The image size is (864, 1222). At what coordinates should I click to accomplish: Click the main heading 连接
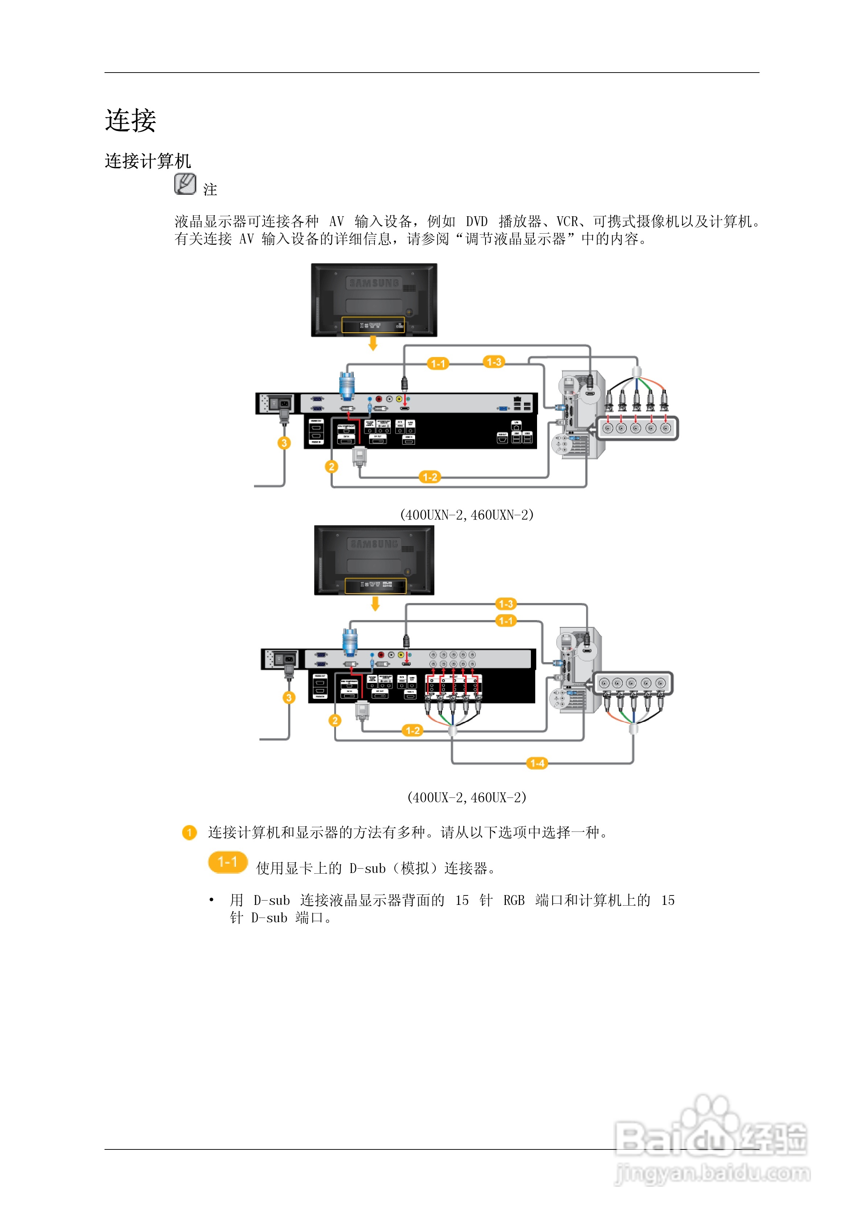pos(130,120)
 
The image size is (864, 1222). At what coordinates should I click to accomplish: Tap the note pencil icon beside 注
pos(185,184)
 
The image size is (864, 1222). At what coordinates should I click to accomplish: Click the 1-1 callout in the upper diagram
pos(438,364)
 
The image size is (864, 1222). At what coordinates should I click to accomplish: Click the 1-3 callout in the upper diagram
pos(494,362)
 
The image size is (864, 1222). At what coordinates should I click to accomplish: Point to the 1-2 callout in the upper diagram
pos(430,477)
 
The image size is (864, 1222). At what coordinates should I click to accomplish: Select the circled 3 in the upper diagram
pos(284,443)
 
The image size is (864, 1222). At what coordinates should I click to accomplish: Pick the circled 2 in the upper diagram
pos(331,467)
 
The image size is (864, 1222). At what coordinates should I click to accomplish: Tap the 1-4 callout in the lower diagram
pos(537,763)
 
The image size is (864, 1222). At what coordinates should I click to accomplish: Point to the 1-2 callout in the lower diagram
pos(413,731)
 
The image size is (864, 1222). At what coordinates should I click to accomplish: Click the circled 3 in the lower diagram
pos(288,697)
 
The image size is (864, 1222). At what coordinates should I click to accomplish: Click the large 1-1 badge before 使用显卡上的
pos(228,862)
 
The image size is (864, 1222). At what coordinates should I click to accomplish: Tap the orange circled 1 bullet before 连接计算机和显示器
pos(189,832)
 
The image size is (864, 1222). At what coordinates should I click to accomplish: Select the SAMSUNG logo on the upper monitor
pos(374,283)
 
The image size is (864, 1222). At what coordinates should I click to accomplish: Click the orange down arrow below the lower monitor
pos(375,603)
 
